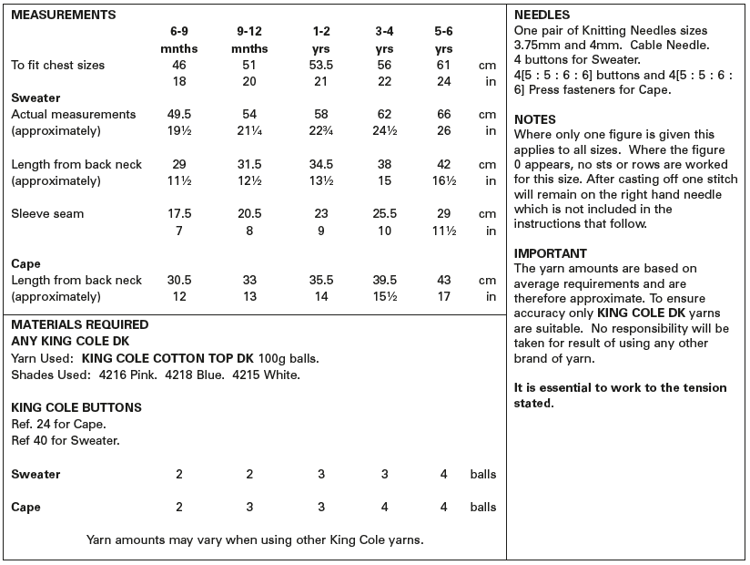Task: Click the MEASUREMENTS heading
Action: (x=63, y=15)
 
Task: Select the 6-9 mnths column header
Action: (x=179, y=40)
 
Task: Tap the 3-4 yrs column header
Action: (x=384, y=40)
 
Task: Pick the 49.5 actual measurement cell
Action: (x=179, y=115)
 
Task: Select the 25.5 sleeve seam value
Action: (x=384, y=214)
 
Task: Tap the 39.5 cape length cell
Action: (x=384, y=281)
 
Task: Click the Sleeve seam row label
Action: (x=47, y=214)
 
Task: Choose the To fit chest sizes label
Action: (x=57, y=66)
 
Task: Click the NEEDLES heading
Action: (x=542, y=15)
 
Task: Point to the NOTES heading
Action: (x=534, y=119)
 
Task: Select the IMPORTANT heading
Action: (x=551, y=253)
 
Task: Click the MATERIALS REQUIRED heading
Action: (x=79, y=324)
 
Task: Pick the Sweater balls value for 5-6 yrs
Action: (x=443, y=475)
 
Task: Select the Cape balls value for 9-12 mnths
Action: (x=249, y=508)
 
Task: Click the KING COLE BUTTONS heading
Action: (x=76, y=408)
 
